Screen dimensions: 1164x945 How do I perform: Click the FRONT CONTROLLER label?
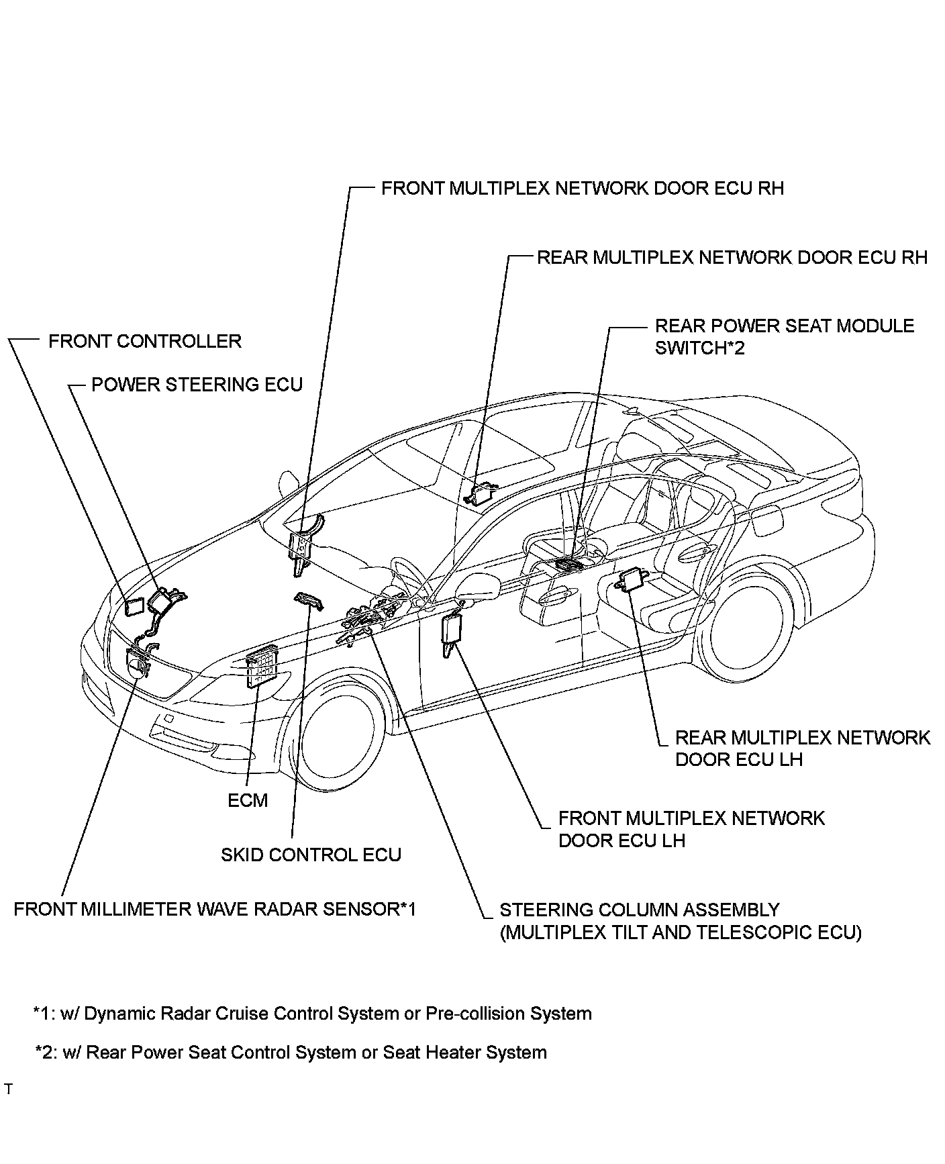pos(144,341)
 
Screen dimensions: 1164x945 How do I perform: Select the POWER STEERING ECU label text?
pos(197,385)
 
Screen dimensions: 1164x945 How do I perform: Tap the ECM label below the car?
pos(248,800)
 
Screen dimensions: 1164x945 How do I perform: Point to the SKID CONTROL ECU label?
pos(311,855)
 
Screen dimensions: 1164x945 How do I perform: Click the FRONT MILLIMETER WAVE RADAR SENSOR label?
pos(215,909)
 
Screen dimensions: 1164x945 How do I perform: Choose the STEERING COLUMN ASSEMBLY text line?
pos(639,910)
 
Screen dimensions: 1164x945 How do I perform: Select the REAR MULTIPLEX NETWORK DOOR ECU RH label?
pos(732,257)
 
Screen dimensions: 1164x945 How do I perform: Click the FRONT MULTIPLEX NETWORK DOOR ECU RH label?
pos(582,188)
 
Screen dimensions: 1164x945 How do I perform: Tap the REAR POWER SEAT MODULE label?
pos(784,327)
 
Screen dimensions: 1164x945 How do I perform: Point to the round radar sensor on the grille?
pos(137,667)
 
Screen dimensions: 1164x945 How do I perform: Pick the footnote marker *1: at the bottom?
pos(44,1014)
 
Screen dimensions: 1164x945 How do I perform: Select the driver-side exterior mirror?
pos(478,587)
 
